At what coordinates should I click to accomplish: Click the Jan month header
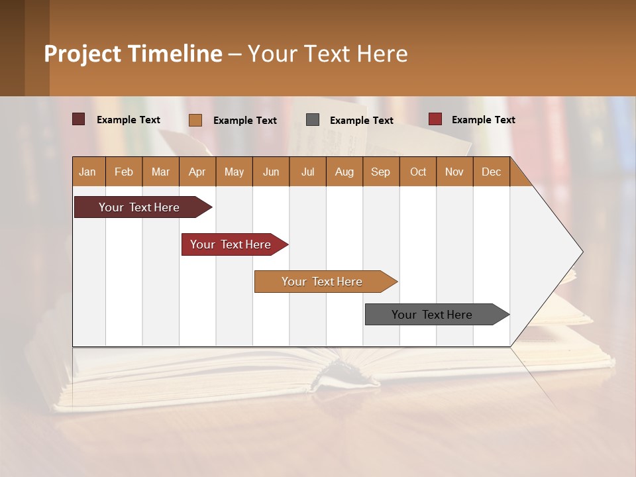click(87, 172)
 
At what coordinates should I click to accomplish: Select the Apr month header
click(197, 172)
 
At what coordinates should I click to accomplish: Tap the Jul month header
click(307, 172)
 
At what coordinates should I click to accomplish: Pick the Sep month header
click(380, 172)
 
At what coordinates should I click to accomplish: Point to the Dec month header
click(491, 172)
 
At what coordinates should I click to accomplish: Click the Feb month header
click(124, 172)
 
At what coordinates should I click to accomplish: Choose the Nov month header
click(454, 172)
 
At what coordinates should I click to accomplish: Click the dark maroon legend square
click(79, 119)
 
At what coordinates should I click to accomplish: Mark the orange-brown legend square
click(195, 120)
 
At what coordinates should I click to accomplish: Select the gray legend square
click(313, 120)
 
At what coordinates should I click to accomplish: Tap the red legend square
click(435, 119)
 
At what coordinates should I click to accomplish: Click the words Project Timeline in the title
click(133, 54)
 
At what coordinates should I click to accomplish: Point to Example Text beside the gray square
click(361, 121)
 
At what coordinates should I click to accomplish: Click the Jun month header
click(271, 172)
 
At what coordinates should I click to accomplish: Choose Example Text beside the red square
click(483, 120)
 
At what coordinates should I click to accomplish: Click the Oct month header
click(418, 172)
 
